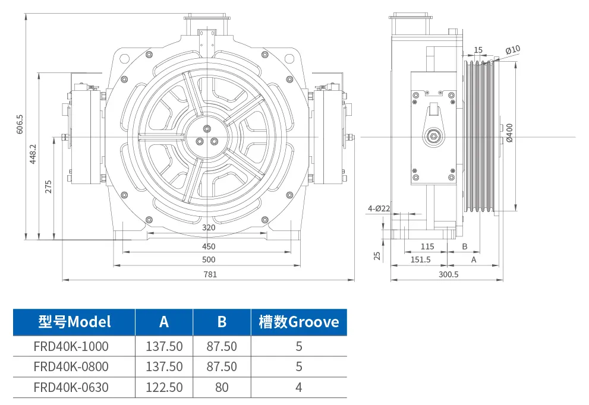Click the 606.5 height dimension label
click(20, 123)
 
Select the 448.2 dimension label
click(33, 154)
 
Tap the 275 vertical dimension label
click(49, 186)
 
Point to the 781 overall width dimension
click(210, 274)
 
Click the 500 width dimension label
click(209, 260)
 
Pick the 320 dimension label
click(209, 227)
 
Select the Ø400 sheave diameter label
click(509, 136)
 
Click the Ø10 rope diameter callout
click(513, 50)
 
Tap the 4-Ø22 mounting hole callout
click(379, 208)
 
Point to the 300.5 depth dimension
click(448, 274)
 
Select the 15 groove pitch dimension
click(478, 50)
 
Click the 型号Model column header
click(74, 322)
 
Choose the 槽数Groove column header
click(298, 322)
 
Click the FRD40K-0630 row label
click(71, 387)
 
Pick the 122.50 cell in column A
click(164, 387)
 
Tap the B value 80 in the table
click(222, 387)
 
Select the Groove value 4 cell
click(298, 387)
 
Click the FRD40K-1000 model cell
click(71, 346)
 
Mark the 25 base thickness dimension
click(376, 255)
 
